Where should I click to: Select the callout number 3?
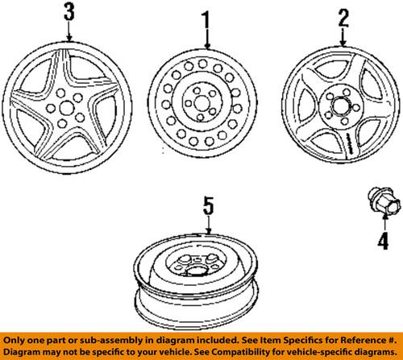(70, 13)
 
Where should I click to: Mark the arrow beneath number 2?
(342, 35)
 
